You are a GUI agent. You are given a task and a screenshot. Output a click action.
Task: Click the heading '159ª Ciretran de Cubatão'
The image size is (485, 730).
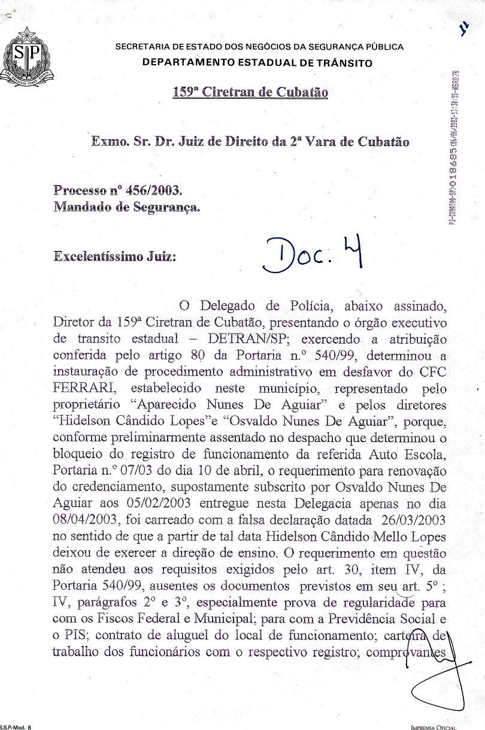(250, 92)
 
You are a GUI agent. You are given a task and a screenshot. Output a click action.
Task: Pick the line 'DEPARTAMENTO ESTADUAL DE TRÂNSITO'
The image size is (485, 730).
(257, 63)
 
